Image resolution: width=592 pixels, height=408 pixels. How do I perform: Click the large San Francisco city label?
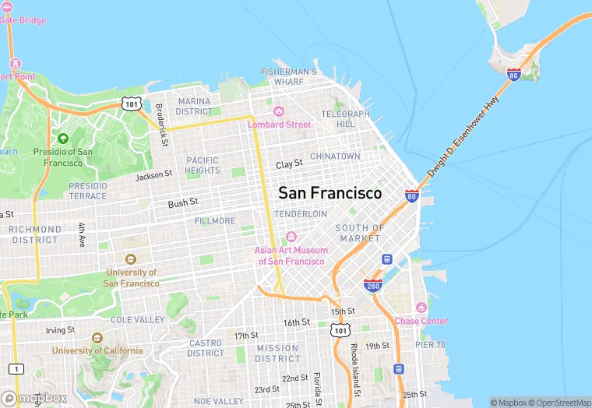330,192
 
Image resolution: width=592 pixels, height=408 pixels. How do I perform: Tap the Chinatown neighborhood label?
335,157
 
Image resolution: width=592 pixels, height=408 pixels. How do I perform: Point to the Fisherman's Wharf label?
289,76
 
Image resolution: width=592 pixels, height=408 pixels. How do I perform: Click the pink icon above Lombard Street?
279,111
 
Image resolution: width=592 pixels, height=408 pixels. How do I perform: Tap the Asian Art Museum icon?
291,237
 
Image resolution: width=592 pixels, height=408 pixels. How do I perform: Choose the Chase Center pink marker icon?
421,308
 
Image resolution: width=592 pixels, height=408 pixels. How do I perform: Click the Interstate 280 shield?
372,286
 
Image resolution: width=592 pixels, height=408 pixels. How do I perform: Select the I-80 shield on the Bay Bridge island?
513,75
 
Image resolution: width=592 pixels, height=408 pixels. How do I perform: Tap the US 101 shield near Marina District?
130,103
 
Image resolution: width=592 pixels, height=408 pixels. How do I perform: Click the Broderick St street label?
161,125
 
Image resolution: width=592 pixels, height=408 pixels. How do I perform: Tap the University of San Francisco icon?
130,259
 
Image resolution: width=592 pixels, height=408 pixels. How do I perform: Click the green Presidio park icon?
63,138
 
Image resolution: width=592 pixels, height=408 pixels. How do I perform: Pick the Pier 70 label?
428,344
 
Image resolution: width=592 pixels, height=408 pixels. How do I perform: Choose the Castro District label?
206,348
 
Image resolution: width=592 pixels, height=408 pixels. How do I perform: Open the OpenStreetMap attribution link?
560,403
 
